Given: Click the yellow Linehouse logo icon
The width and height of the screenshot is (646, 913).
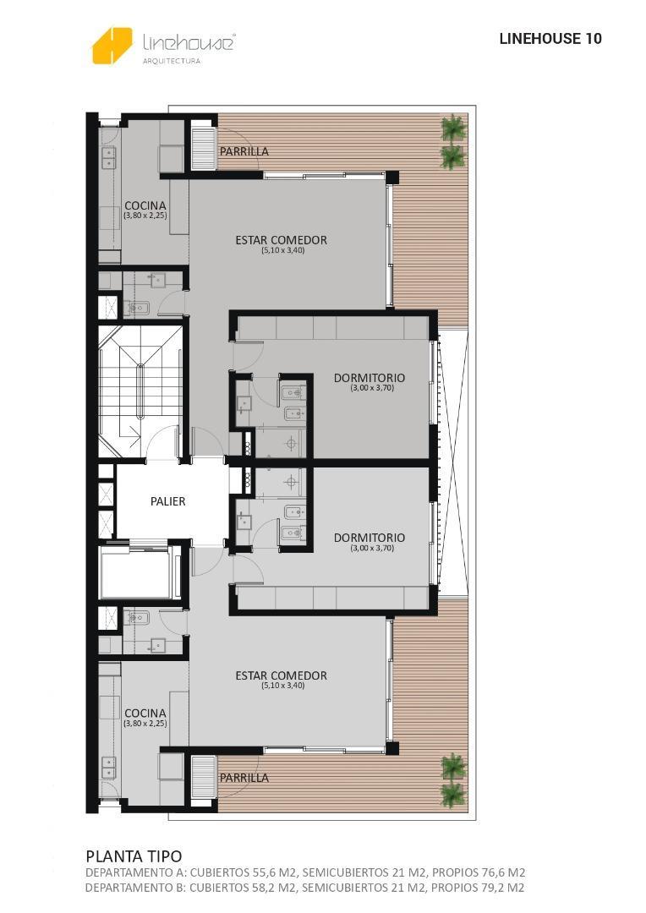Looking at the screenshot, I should tap(112, 46).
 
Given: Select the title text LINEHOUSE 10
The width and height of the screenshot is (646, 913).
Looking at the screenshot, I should tap(550, 39).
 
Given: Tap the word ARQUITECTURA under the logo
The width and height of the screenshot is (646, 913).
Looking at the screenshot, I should tap(171, 61).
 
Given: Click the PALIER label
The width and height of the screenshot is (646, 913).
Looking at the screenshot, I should tap(167, 501).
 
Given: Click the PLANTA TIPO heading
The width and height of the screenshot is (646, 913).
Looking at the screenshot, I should tap(134, 856).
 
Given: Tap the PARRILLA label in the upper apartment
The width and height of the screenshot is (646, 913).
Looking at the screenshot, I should tap(244, 151).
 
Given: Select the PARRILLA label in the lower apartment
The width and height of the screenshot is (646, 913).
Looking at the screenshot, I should tap(244, 778).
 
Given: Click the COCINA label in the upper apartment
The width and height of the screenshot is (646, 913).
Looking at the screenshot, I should tap(145, 205).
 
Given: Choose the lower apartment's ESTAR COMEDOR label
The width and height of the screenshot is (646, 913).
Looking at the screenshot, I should tap(281, 675).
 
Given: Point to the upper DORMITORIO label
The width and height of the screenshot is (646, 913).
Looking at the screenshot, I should tap(369, 378).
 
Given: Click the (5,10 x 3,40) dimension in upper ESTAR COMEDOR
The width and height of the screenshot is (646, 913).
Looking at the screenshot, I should tap(282, 250).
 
